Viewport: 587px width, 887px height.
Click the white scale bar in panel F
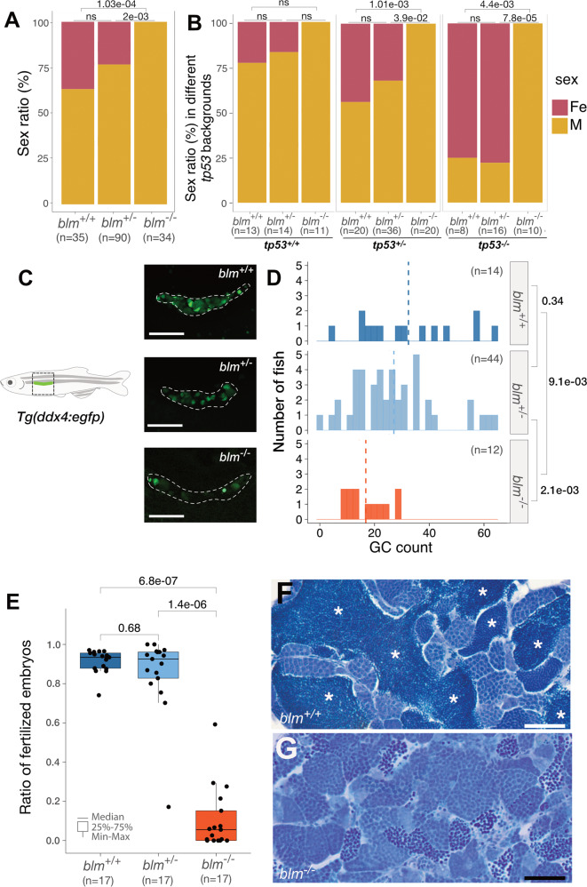coord(551,725)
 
